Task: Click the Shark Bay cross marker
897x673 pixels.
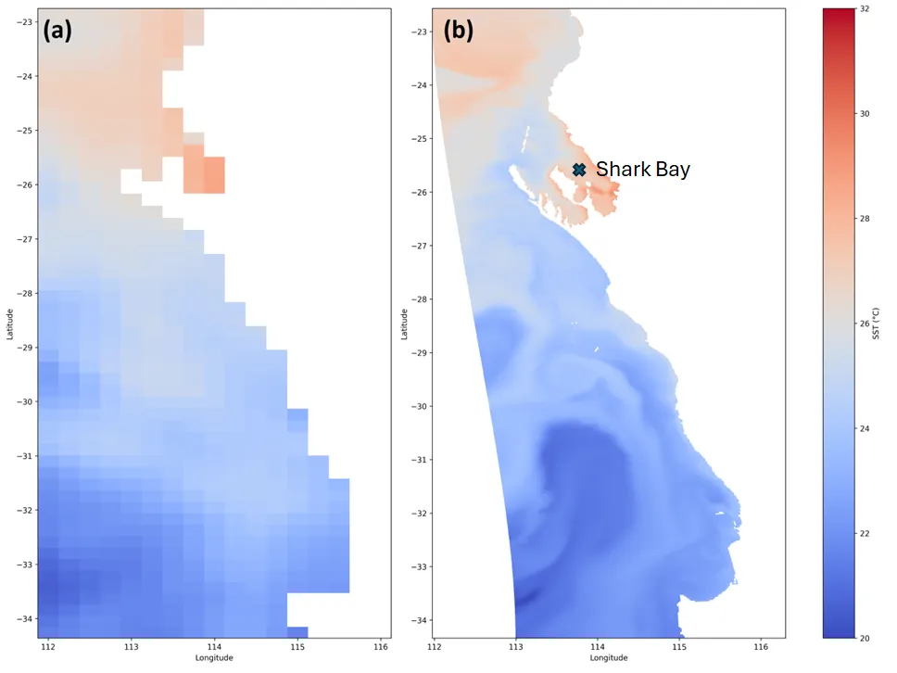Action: (x=579, y=170)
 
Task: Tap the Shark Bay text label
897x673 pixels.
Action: (x=643, y=170)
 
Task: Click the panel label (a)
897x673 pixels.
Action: (x=57, y=31)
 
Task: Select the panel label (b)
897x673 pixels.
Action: (x=459, y=31)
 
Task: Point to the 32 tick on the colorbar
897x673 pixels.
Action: (x=865, y=9)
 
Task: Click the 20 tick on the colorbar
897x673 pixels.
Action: (x=865, y=638)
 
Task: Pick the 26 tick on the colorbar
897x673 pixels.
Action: (x=865, y=324)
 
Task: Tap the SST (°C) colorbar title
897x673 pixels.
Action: (x=876, y=324)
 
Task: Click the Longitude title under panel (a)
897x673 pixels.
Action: (x=214, y=657)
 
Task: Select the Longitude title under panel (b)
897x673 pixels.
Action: (x=609, y=657)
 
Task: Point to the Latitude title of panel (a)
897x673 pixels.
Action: (x=9, y=324)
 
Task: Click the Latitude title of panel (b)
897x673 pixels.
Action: (x=404, y=324)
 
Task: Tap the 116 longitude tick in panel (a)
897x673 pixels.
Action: (x=381, y=647)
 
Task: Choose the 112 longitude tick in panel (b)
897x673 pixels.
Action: (x=435, y=647)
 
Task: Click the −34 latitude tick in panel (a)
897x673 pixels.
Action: (x=25, y=618)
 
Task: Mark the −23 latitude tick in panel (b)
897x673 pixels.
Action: (x=420, y=32)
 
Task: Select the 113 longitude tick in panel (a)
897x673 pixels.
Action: (x=131, y=647)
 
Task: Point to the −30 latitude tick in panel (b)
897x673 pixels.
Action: (x=420, y=406)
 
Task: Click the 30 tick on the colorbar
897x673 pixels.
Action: (x=865, y=113)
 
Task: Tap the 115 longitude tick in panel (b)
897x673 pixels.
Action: (x=679, y=647)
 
